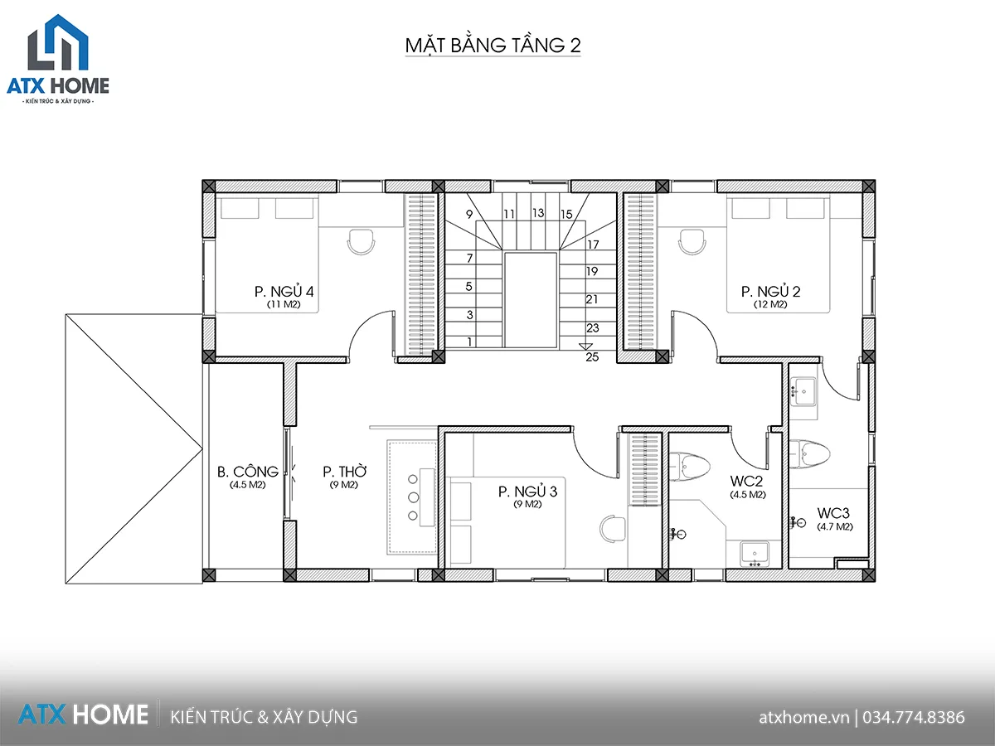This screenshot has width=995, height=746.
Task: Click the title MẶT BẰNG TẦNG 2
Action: (493, 46)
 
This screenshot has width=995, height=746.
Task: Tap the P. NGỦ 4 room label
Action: (284, 291)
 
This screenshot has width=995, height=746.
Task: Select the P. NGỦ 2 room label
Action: (770, 291)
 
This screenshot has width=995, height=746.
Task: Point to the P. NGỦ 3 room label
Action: (527, 492)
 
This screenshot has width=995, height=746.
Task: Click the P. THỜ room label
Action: (344, 472)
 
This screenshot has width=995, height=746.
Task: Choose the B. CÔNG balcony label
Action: (247, 472)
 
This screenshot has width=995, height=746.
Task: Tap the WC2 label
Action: (746, 481)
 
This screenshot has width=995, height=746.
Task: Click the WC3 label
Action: (833, 513)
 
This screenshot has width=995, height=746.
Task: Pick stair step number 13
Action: (538, 213)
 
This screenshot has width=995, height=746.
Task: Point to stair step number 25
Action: (592, 357)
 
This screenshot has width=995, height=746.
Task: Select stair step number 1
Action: (469, 342)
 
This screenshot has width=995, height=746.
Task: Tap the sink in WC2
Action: (755, 554)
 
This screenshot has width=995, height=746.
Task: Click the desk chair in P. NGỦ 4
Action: (361, 242)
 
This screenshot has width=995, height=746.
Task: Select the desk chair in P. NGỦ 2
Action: (692, 242)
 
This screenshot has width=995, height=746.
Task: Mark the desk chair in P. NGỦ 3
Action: (613, 528)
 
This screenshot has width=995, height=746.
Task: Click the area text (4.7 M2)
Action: (834, 527)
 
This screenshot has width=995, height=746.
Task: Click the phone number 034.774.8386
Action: (914, 717)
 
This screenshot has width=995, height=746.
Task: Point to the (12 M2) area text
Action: (770, 304)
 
